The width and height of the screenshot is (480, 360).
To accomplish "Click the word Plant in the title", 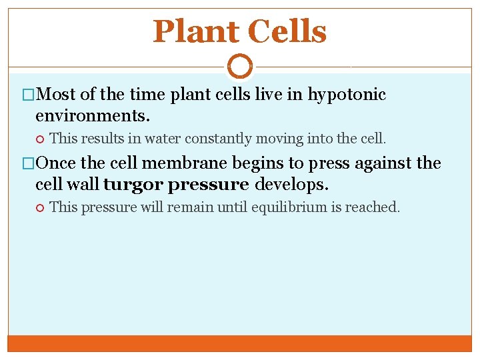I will pos(195,31).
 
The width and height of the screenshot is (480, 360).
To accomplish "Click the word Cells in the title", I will pos(287,31).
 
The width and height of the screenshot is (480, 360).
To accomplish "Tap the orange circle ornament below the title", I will pos(240,67).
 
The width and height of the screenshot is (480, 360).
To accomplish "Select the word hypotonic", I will pos(346,95).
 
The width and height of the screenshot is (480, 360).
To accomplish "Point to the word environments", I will pos(93,115).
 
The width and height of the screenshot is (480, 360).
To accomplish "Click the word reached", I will pos(376,207).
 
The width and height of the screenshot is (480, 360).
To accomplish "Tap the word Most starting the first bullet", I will pos(57,95).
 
